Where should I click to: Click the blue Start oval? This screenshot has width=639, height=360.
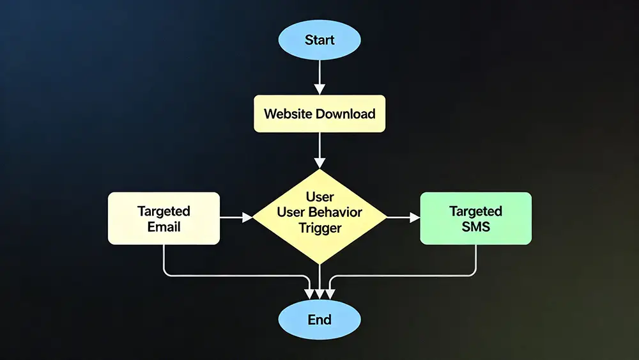[319, 40]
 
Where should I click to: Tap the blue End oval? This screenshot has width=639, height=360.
[319, 319]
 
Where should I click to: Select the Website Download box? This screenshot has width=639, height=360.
[319, 114]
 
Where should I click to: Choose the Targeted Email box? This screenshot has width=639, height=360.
[164, 218]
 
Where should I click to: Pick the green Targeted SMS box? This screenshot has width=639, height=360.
[475, 218]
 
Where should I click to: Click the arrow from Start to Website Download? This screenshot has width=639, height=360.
[319, 80]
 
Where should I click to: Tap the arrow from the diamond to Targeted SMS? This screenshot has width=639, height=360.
[403, 218]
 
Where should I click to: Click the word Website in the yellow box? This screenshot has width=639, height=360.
[288, 114]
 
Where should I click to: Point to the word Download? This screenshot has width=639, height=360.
[345, 114]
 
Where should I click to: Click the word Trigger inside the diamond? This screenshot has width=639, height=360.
[319, 228]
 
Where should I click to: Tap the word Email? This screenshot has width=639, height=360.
[164, 226]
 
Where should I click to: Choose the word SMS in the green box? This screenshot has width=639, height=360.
[475, 226]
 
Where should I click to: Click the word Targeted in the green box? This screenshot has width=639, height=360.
[475, 211]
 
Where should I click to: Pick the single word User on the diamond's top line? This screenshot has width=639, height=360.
[319, 197]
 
